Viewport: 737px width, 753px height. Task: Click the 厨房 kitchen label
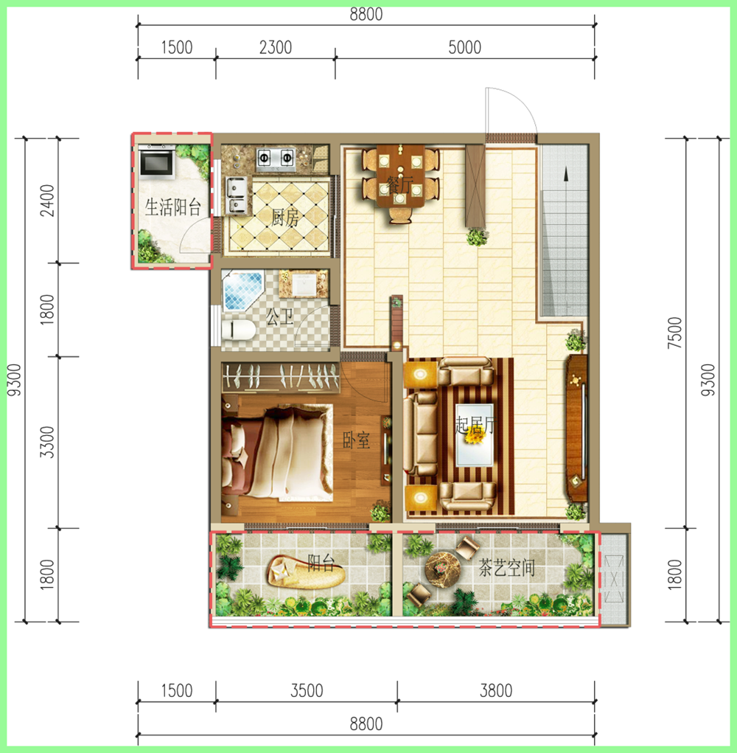coord(285,218)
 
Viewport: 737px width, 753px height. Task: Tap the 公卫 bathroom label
coord(280,317)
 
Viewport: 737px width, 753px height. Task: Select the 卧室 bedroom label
coord(356,440)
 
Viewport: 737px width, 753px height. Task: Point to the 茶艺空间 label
coord(507,568)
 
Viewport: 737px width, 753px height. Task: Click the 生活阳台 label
coord(173,207)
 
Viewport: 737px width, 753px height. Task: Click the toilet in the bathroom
coord(239,330)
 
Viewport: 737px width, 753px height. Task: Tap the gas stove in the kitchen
coord(276,159)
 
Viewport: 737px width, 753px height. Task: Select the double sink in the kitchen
coord(237,195)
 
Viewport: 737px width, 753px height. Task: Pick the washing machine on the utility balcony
coord(157,162)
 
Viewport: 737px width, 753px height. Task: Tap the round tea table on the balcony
coord(442,569)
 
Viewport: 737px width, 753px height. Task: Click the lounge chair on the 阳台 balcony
coord(305,572)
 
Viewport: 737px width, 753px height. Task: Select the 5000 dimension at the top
coord(464,47)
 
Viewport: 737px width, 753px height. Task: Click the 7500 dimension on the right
coord(674,333)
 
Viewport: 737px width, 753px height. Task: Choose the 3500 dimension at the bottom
coord(307,690)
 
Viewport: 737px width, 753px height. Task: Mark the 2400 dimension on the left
coord(47,201)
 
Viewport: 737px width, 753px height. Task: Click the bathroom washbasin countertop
coord(304,283)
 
